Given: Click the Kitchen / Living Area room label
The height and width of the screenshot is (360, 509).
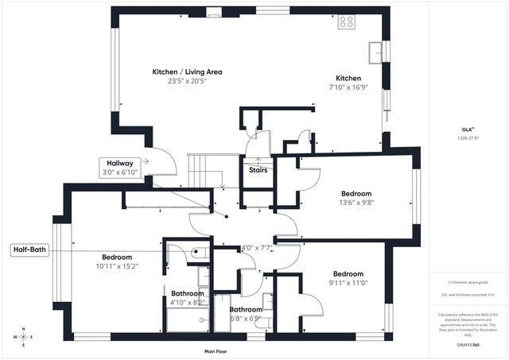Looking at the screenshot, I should (188, 72).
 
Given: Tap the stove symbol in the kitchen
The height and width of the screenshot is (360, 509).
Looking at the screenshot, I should (347, 21).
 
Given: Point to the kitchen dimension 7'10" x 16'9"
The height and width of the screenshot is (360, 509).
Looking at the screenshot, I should (348, 88).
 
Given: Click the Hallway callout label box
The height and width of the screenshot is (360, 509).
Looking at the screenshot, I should (118, 168).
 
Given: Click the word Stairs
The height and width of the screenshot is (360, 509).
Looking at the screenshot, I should (258, 169).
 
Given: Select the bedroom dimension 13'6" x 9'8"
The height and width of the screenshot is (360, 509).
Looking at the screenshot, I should (357, 203).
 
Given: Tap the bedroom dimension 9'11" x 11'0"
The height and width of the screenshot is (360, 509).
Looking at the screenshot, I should (348, 282).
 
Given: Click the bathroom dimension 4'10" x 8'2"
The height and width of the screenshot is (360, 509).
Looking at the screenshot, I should (188, 302).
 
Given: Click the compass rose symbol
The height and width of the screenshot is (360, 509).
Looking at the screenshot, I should (23, 336).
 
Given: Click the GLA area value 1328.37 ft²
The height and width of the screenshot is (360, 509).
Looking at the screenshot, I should (468, 137).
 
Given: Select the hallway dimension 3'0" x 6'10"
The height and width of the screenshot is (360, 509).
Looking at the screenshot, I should (120, 172).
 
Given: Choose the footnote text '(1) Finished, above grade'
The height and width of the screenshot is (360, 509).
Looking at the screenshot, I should (468, 282).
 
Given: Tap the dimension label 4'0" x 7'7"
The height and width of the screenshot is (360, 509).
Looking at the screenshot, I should (257, 247).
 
